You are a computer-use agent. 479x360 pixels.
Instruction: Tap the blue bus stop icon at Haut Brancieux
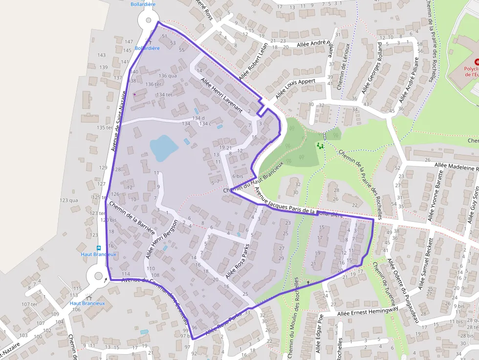(x=98, y=248)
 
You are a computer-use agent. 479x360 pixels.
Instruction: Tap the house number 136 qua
(x=168, y=76)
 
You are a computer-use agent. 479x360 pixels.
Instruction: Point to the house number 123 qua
(x=68, y=200)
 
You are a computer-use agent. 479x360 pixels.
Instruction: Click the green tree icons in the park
(x=320, y=146)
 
